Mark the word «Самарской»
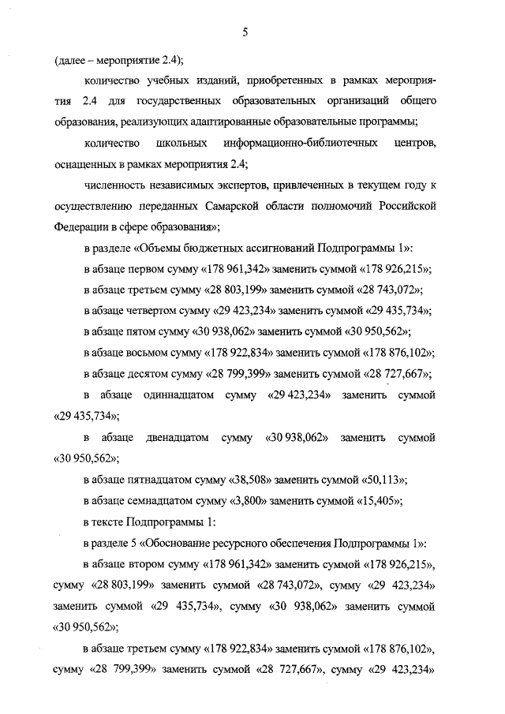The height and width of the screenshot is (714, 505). click(246, 205)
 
